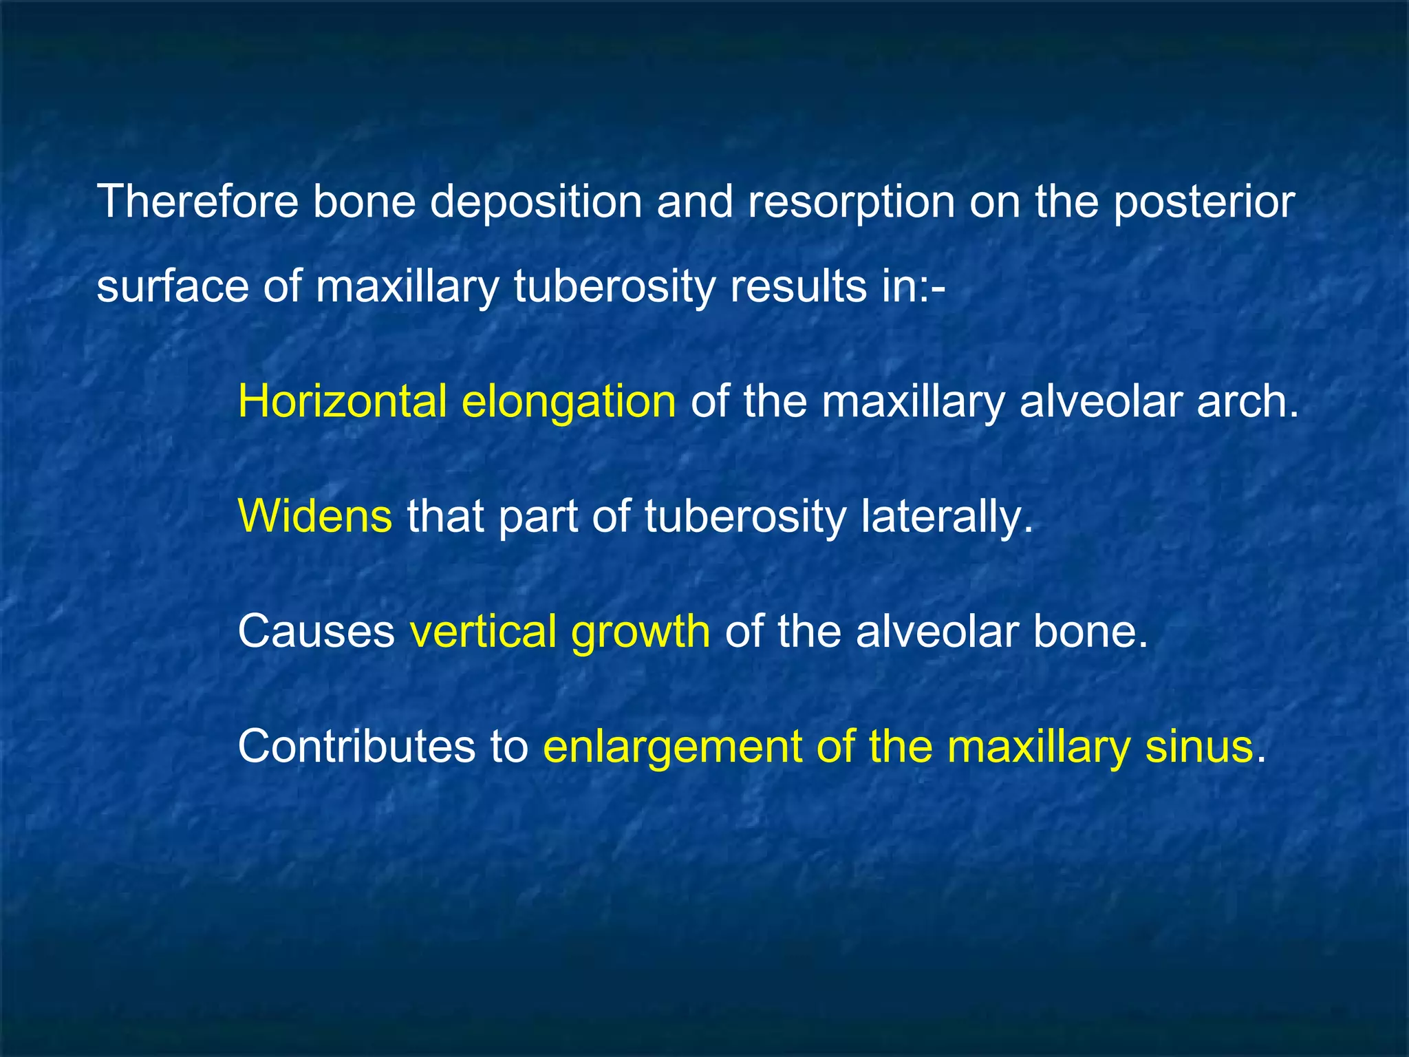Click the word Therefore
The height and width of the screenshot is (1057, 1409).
(x=198, y=202)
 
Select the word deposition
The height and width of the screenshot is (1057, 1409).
(x=536, y=203)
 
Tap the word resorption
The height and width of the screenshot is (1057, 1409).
(x=852, y=203)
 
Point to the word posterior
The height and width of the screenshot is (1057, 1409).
(x=1204, y=203)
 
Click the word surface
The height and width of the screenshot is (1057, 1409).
(x=172, y=286)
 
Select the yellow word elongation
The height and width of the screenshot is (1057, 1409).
(x=569, y=403)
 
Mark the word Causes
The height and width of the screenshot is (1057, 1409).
(x=316, y=631)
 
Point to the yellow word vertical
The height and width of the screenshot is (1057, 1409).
(x=483, y=631)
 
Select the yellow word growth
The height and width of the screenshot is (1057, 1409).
(x=641, y=632)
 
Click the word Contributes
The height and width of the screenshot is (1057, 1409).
(x=356, y=746)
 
